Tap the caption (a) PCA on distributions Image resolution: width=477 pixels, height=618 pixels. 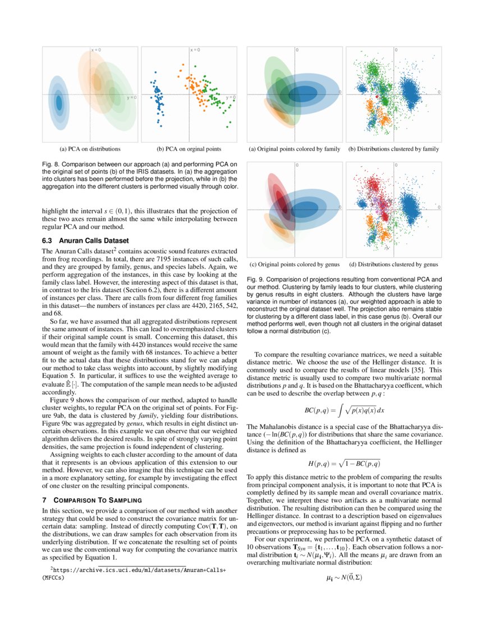click(90, 149)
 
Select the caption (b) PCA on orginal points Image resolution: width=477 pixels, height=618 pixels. click(189, 149)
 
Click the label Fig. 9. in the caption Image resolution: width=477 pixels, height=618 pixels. click(256, 279)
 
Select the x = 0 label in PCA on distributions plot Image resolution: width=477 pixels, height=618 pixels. click(96, 50)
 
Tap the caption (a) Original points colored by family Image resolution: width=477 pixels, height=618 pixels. click(295, 149)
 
